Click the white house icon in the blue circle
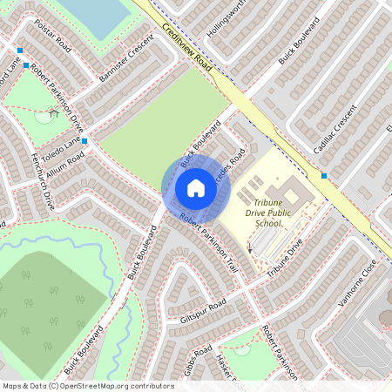(196, 188)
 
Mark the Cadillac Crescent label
(335, 132)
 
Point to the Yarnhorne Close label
(357, 279)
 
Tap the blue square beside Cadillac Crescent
(324, 175)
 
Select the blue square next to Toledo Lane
(84, 140)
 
